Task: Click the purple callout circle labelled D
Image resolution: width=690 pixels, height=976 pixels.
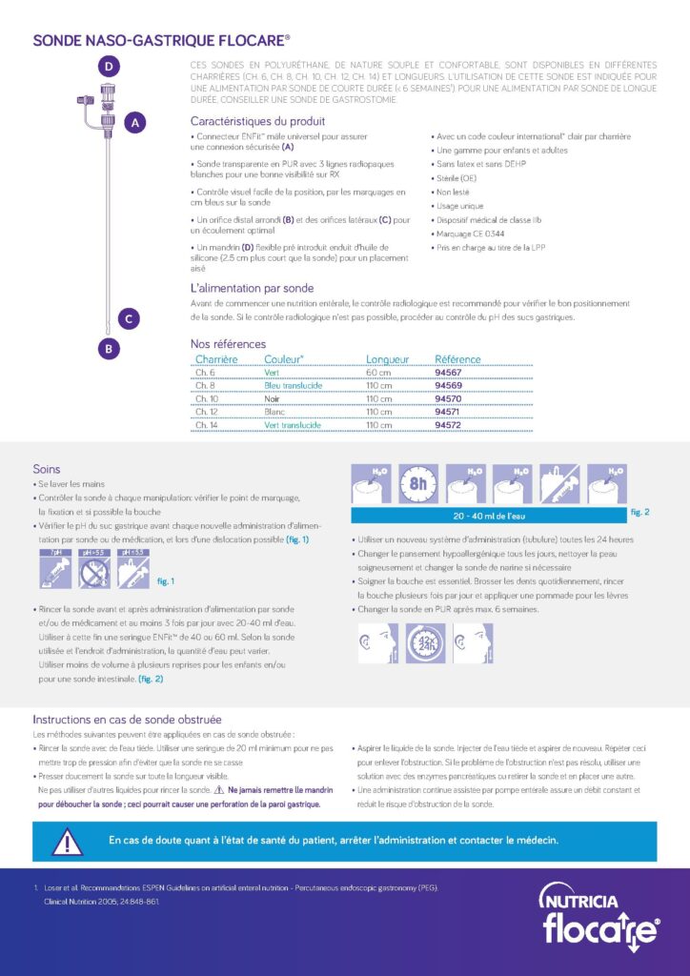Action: tap(110, 66)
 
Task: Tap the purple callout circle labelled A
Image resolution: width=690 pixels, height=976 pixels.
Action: tap(135, 122)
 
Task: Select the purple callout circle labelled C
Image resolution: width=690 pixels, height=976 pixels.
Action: tap(129, 318)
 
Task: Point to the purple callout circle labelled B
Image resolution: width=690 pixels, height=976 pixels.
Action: tap(110, 349)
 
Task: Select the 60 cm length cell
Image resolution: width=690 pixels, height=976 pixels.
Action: tap(378, 373)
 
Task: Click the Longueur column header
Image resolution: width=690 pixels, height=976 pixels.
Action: tap(387, 359)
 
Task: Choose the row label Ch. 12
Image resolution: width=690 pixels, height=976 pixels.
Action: tap(206, 412)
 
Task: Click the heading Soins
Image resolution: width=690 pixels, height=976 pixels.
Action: tap(47, 469)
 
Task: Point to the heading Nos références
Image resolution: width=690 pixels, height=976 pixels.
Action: tap(228, 344)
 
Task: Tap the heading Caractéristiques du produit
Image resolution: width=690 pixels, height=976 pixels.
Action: tap(257, 122)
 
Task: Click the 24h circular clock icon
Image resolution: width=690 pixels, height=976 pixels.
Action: tap(426, 644)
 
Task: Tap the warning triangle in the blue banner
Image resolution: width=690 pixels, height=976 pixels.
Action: tap(67, 841)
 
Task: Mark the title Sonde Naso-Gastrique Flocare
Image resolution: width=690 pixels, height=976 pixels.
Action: tap(162, 41)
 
